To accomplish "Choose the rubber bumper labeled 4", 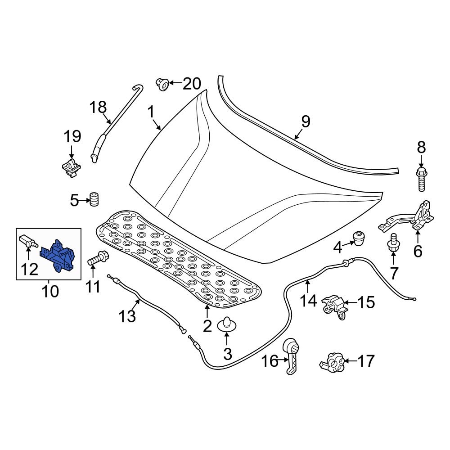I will pyautogui.click(x=359, y=238).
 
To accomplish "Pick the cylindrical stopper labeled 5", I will pyautogui.click(x=94, y=199).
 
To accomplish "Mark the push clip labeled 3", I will pyautogui.click(x=227, y=324).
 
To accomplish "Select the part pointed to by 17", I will pyautogui.click(x=333, y=361).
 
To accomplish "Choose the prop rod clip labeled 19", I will pyautogui.click(x=71, y=168).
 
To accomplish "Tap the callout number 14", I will pyautogui.click(x=308, y=300).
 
